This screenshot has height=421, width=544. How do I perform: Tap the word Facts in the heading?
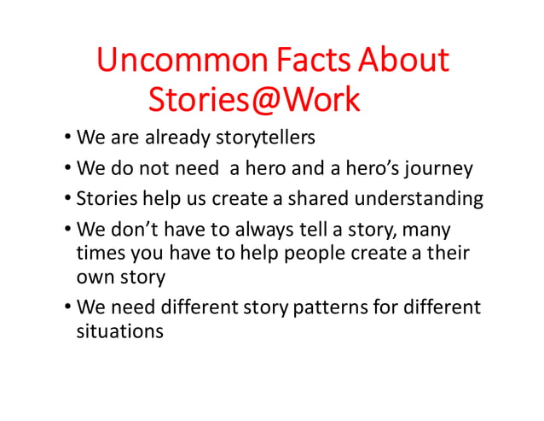[x=311, y=61]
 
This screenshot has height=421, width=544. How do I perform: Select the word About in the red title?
[x=403, y=61]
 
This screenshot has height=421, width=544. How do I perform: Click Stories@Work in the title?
[x=255, y=100]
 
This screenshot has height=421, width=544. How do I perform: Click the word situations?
[x=119, y=331]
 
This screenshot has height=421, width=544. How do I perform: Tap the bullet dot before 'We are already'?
[x=67, y=138]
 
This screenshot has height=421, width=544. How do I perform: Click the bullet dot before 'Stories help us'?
[x=67, y=200]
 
